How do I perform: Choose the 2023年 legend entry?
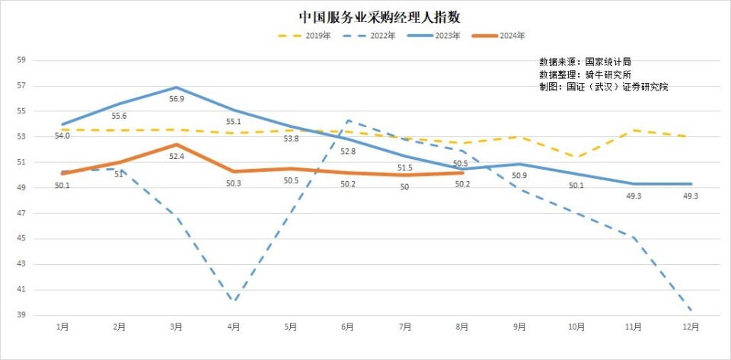click(x=433, y=36)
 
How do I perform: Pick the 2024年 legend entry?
click(x=498, y=36)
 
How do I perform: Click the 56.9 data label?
click(x=176, y=99)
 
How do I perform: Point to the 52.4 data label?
click(x=176, y=157)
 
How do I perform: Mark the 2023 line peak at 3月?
click(x=177, y=87)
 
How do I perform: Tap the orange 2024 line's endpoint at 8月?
click(x=462, y=173)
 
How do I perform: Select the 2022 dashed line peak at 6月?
click(x=348, y=120)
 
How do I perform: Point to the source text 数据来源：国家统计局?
click(x=585, y=62)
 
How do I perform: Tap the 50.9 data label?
click(x=519, y=176)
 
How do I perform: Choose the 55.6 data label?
click(x=120, y=116)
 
